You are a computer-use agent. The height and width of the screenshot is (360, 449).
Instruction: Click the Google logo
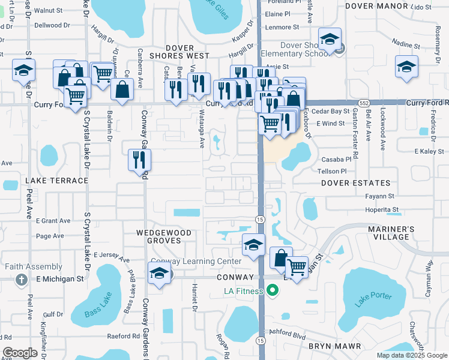pos(20,352)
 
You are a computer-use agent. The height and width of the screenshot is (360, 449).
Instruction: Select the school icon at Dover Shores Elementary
pos(330,40)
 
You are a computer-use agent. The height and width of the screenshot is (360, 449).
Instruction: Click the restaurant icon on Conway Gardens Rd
pos(139,160)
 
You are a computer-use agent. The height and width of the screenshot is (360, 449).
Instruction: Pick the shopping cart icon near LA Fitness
pos(297,266)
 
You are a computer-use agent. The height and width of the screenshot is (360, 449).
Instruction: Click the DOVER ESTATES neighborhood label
pos(355,183)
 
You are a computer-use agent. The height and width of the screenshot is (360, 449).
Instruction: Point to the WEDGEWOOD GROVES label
pos(163,236)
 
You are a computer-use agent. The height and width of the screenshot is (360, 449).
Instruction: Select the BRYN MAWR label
pos(335,346)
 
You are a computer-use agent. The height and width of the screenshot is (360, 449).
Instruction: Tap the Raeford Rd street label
pos(124,336)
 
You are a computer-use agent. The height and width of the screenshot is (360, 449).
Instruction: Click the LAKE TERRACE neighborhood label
pos(56,180)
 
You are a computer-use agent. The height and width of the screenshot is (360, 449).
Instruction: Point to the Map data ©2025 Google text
pos(411,355)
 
